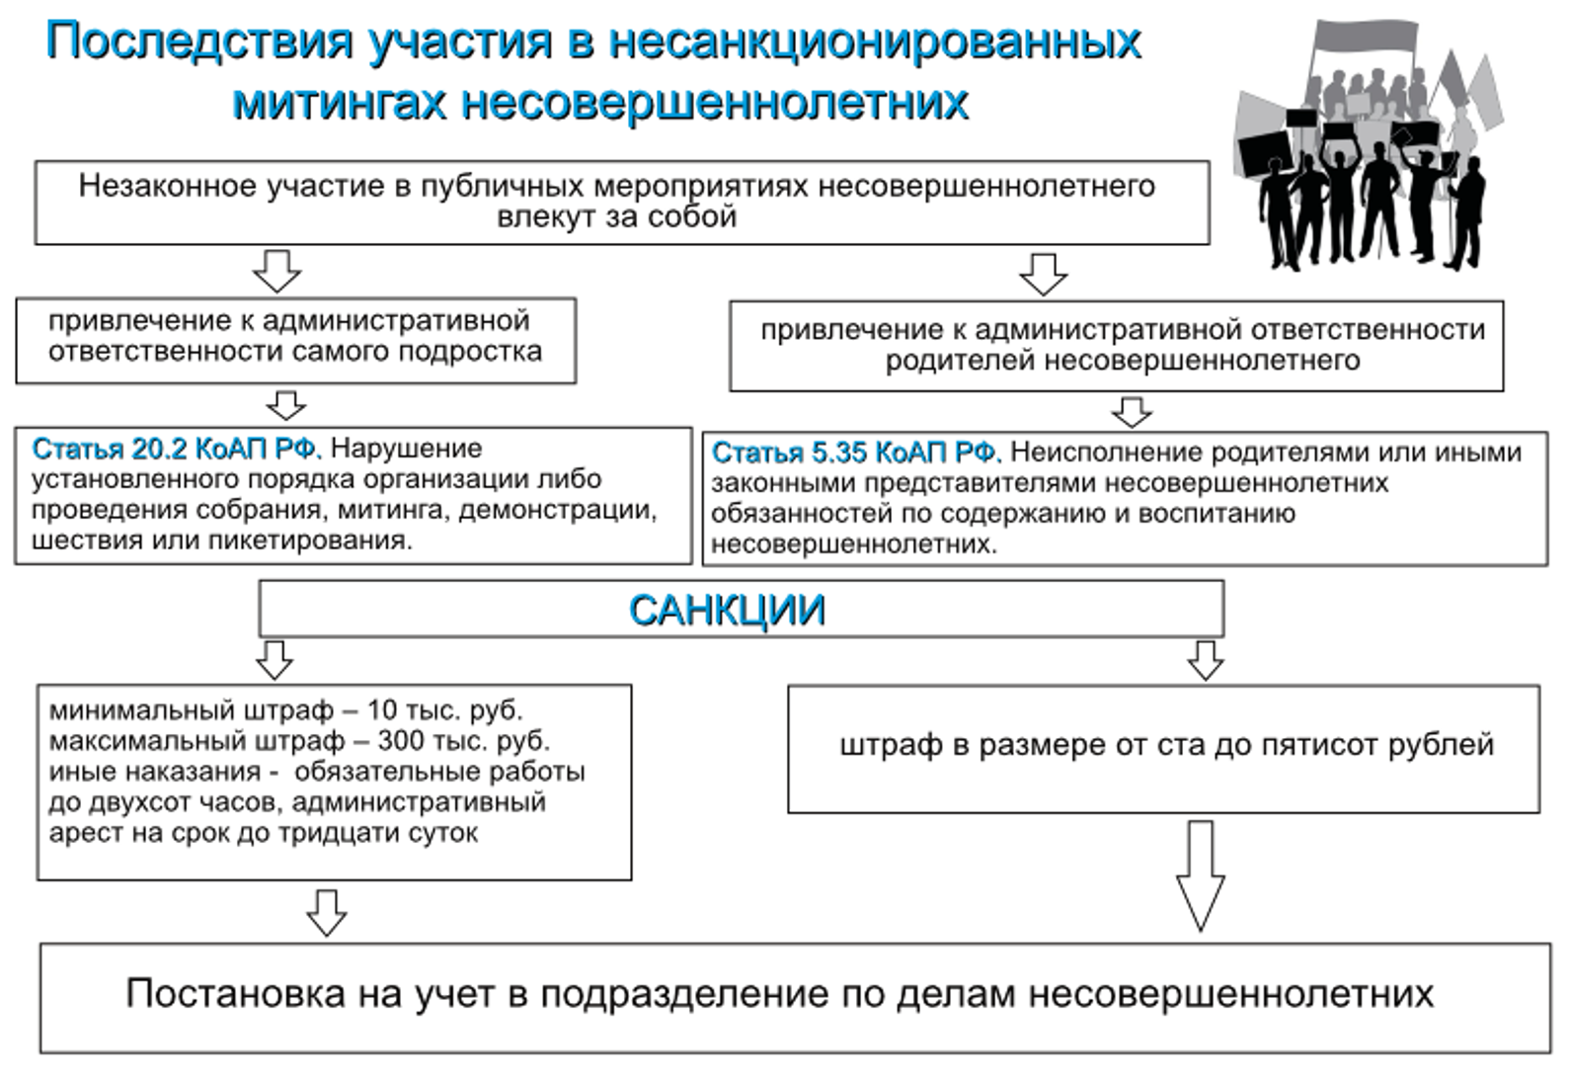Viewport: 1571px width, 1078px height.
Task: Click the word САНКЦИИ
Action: [727, 610]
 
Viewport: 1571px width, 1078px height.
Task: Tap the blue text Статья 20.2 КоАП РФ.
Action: [177, 450]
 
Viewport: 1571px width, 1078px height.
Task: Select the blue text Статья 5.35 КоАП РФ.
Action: [856, 453]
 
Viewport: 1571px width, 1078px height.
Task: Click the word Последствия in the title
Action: [199, 41]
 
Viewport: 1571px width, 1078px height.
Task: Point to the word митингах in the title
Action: [339, 103]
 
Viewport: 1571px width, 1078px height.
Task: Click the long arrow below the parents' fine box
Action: [1200, 875]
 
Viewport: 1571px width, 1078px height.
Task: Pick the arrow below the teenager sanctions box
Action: [327, 913]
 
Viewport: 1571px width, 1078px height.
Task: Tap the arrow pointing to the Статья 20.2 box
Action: [286, 406]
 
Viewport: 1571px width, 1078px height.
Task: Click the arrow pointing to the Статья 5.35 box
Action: [1132, 412]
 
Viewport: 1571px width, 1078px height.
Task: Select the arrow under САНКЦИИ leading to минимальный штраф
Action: [275, 660]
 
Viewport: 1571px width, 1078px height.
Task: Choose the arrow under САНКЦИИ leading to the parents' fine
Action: [1206, 660]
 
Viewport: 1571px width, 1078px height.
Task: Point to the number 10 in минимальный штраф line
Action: [382, 711]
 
